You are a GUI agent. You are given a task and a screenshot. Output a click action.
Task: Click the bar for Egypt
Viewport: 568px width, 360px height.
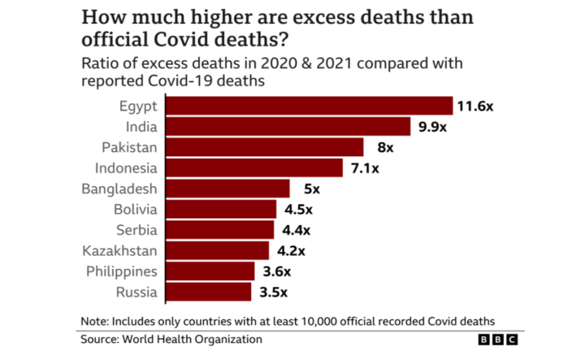coord(309,106)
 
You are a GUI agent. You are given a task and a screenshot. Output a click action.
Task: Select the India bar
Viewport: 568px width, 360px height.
coord(289,126)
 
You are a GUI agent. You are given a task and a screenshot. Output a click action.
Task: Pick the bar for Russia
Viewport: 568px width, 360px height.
coord(208,292)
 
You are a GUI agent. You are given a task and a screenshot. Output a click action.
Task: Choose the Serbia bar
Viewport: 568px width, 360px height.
coord(220,230)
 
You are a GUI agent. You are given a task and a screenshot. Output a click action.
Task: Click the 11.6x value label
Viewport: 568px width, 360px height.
coord(475,106)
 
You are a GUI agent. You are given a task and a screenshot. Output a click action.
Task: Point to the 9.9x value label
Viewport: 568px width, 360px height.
coord(432,127)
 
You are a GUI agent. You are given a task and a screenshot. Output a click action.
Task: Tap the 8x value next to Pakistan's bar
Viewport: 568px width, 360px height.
coord(385,148)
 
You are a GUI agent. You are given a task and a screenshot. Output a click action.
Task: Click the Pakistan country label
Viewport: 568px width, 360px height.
coord(129,147)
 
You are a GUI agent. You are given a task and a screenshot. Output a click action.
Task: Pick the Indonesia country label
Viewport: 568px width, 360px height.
coord(126,168)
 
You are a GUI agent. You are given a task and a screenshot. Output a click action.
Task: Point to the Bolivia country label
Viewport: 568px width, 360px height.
coord(135,209)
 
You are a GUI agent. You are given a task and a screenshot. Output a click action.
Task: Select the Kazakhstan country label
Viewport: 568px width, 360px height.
coord(119,250)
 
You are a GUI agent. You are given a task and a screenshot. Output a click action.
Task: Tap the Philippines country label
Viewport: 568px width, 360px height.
coord(121,272)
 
